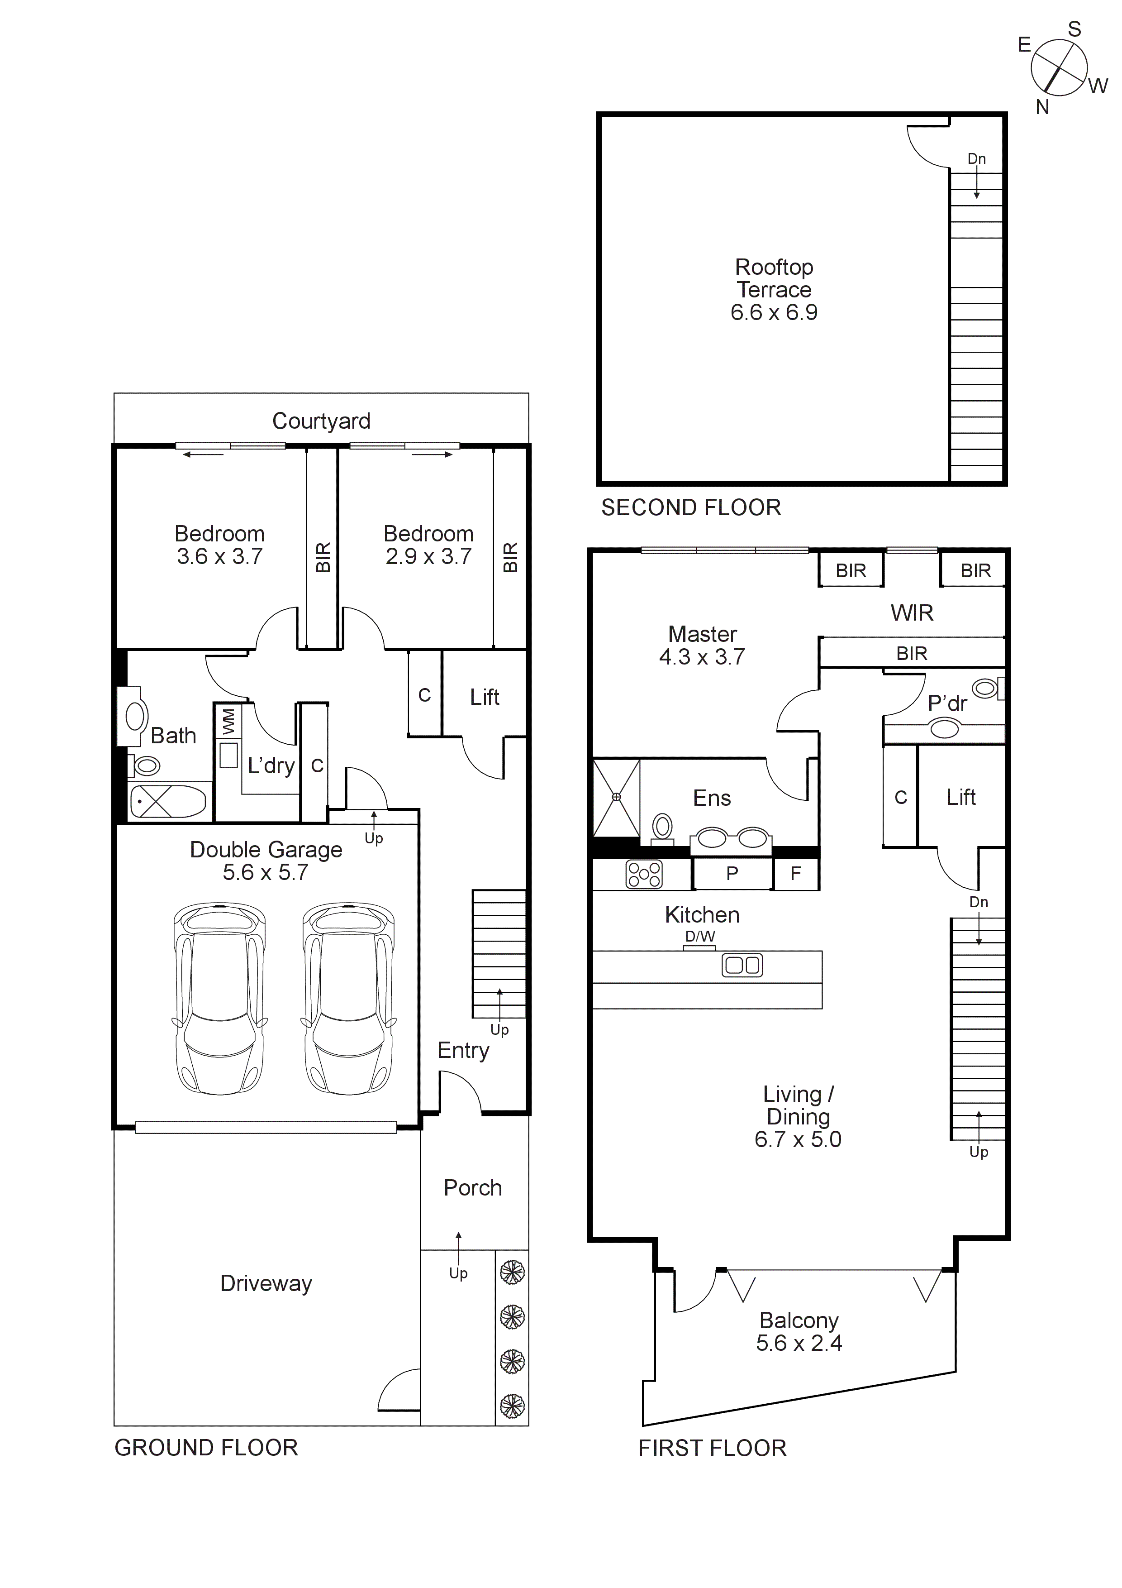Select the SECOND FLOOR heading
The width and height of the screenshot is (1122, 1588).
tap(691, 507)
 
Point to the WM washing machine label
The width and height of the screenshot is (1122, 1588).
tap(228, 722)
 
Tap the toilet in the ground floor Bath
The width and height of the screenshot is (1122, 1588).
tap(146, 765)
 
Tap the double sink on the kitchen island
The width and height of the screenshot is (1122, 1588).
tap(742, 966)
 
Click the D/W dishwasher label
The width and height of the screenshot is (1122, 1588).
tap(699, 937)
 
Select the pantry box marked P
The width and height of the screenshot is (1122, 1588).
tap(732, 874)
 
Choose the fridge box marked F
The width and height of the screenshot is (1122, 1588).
tap(796, 874)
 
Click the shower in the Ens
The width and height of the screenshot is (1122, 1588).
tap(616, 798)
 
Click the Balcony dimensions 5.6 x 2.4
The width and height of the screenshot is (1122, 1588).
tap(799, 1343)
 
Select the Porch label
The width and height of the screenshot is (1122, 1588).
tap(473, 1187)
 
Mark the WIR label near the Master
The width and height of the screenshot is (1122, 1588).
tap(911, 613)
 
